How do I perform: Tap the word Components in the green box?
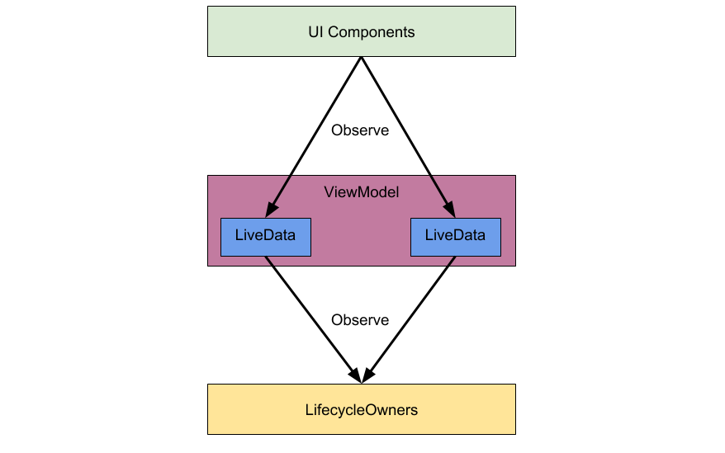(370, 32)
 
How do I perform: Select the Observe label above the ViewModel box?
(360, 130)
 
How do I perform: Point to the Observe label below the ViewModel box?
(360, 319)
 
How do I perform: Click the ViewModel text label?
(362, 192)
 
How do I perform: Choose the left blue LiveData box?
(265, 237)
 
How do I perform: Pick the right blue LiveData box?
(455, 237)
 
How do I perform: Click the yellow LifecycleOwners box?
(362, 409)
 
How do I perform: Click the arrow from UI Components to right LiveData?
(406, 132)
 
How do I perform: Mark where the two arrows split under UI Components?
(361, 59)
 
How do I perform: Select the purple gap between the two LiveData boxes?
(360, 238)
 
